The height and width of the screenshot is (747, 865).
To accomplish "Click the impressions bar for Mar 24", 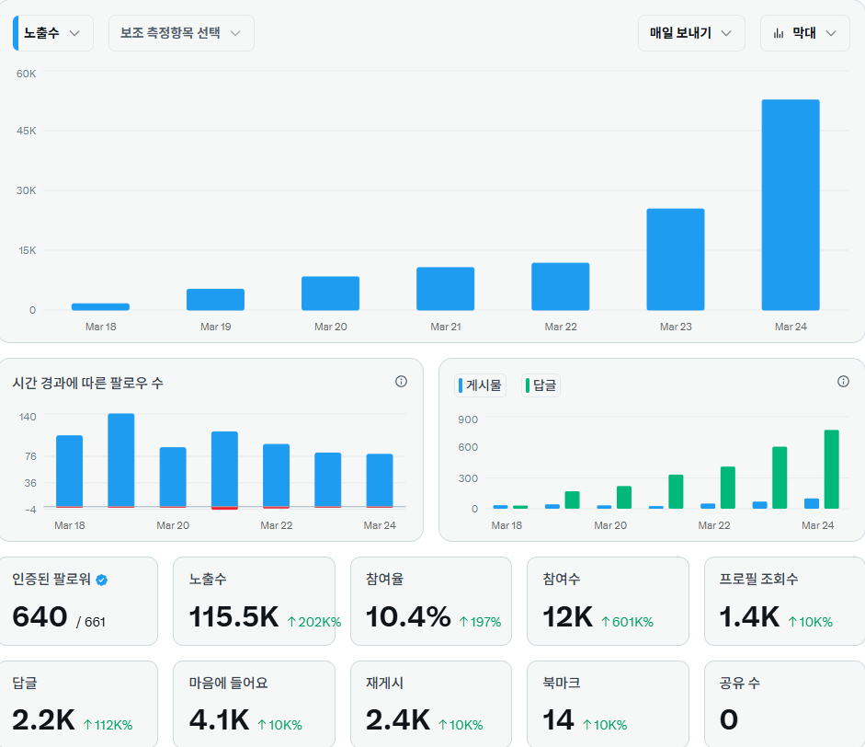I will (790, 204).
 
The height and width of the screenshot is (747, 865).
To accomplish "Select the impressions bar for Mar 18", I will (100, 306).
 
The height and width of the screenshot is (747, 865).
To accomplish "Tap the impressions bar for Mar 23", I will (675, 259).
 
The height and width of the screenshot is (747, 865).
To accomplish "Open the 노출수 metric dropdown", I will (53, 33).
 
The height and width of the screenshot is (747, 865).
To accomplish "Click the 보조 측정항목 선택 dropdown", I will (180, 33).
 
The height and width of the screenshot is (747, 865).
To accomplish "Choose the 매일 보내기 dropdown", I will (690, 33).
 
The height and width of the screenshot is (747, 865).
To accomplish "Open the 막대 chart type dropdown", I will (804, 33).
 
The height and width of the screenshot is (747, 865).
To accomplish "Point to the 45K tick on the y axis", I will (27, 131).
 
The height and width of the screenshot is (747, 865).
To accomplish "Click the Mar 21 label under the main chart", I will (445, 327).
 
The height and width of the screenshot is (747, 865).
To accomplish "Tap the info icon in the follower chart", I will (401, 382).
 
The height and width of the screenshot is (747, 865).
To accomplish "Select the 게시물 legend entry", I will (482, 385).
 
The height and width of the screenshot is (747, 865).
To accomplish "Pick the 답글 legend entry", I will (541, 385).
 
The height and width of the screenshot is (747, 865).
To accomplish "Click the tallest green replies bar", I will (831, 469).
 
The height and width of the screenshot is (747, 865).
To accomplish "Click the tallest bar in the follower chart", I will (121, 460).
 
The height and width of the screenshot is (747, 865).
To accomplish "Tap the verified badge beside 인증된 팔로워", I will (102, 580).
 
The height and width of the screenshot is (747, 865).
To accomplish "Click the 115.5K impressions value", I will (233, 617).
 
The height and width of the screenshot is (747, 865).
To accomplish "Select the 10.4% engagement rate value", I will (408, 617).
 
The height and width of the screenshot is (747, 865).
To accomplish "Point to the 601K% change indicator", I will (627, 622).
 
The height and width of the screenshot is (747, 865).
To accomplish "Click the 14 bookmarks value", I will (558, 719).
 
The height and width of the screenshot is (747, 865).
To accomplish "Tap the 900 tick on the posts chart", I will (468, 419).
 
